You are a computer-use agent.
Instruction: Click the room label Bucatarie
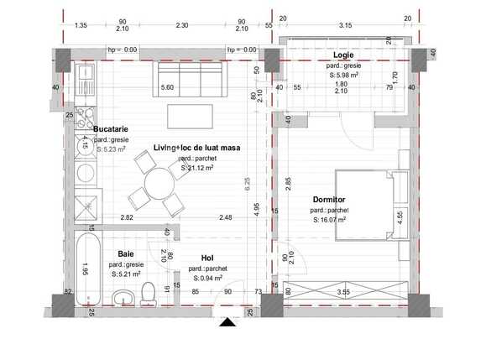110,128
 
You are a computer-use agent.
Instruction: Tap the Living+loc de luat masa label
196,148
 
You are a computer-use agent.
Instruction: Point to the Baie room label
126,253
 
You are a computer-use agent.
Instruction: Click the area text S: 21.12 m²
197,168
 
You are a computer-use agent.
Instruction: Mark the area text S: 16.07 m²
329,221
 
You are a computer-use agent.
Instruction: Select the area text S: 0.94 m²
206,278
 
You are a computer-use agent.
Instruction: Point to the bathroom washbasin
123,298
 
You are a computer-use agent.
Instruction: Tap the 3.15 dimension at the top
344,25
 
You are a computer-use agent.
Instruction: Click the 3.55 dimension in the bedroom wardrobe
343,292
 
